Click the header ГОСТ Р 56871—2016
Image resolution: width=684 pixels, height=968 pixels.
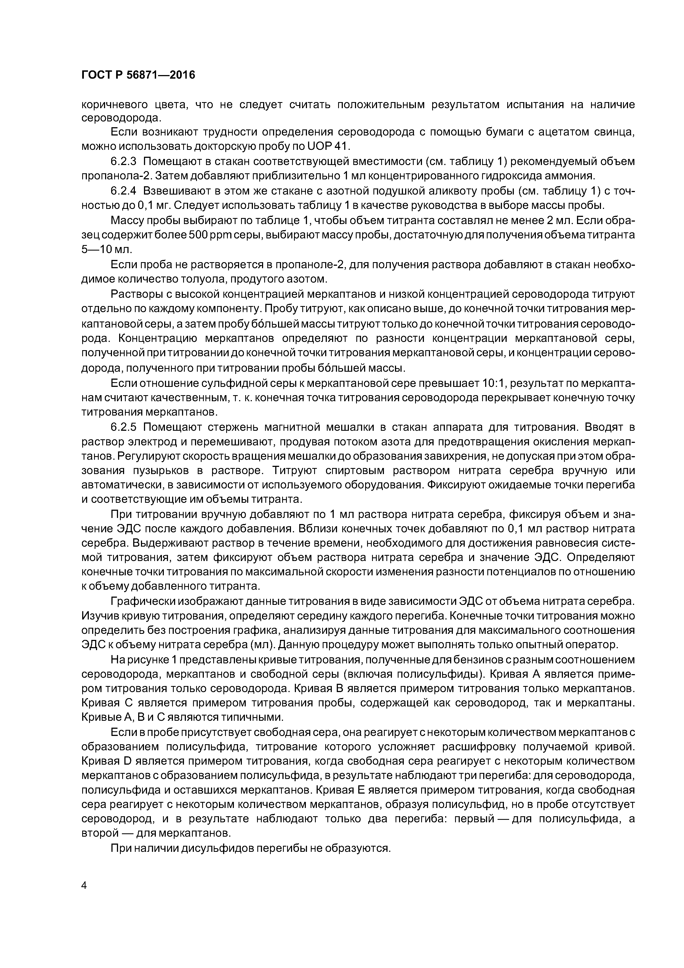pyautogui.click(x=138, y=75)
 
